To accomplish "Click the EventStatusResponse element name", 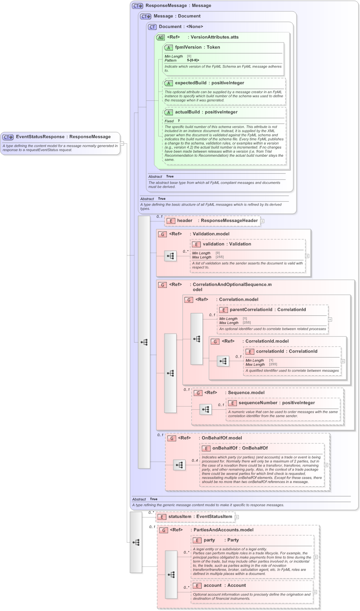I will (40, 137).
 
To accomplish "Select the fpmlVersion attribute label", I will (187, 47).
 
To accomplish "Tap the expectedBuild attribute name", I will (190, 83).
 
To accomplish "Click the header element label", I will (185, 221).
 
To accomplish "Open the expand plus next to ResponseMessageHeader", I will (262, 221).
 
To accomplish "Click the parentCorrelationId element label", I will (251, 310).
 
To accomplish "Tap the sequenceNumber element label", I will (258, 403).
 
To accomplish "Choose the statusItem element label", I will (180, 517).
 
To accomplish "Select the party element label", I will (209, 540).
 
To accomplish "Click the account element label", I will (213, 585).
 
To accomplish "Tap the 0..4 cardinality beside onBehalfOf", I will (195, 460).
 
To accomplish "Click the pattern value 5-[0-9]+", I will (193, 60).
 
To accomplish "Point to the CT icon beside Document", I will (152, 27).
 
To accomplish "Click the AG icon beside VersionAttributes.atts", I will (161, 37).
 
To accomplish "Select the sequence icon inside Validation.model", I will (170, 256).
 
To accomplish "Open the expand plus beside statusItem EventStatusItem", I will (237, 517).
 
